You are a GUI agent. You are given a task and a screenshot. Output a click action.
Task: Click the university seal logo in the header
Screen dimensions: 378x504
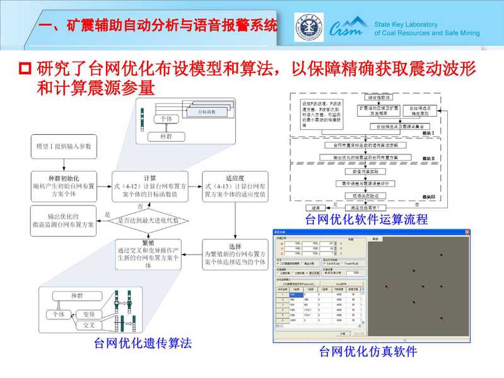point(309,27)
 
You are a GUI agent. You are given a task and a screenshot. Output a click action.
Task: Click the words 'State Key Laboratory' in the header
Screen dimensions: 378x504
point(409,23)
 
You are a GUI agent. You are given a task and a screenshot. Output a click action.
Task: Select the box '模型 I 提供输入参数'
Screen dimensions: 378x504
point(63,147)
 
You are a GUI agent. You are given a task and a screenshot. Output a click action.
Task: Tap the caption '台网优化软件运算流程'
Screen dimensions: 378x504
point(366,220)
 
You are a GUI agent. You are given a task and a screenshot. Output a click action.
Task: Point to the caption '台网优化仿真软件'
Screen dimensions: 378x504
point(368,352)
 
